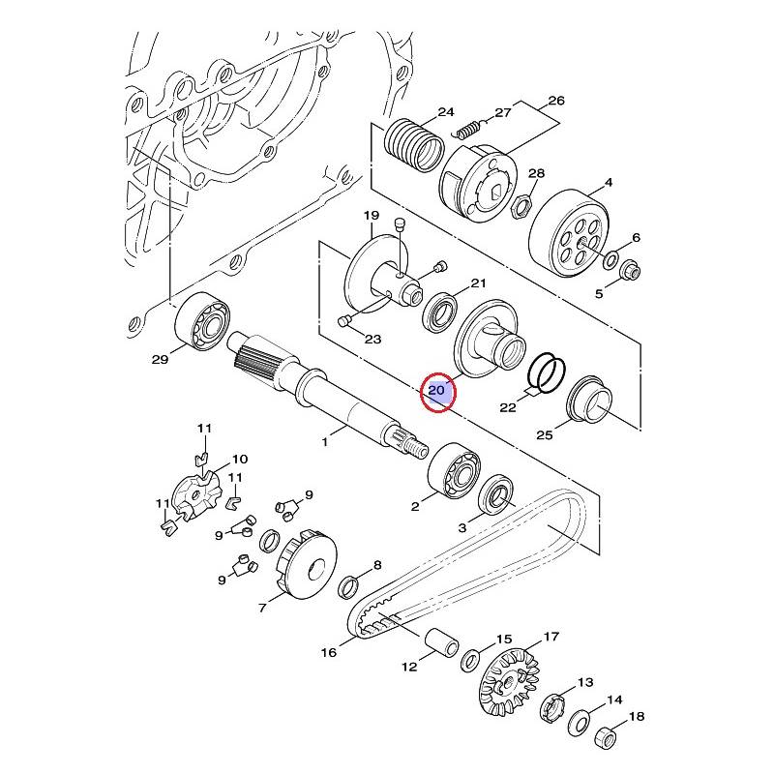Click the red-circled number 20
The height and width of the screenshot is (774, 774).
[437, 391]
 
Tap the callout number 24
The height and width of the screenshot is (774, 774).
[446, 112]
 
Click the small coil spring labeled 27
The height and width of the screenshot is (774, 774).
[468, 129]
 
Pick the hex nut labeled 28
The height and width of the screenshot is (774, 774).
[521, 204]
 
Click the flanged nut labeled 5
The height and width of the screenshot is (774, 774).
[631, 270]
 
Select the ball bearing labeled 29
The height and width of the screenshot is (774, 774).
[203, 322]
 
